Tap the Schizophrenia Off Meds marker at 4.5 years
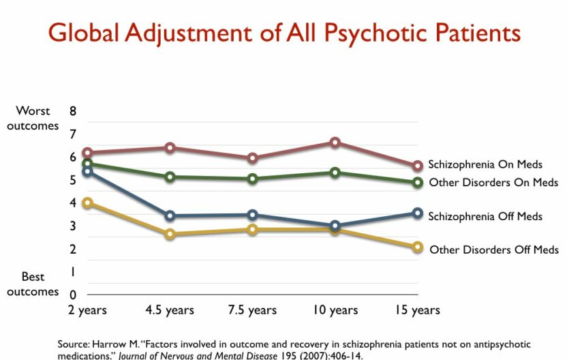pyautogui.click(x=170, y=216)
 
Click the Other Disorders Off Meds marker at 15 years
pyautogui.click(x=417, y=247)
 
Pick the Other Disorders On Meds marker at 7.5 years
pyautogui.click(x=253, y=179)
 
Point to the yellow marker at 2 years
pyautogui.click(x=87, y=203)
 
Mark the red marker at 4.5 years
pyautogui.click(x=170, y=148)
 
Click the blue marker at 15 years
pyautogui.click(x=417, y=213)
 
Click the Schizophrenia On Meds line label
pyautogui.click(x=485, y=164)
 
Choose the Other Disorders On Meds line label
pyautogui.click(x=493, y=183)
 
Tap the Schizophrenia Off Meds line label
pyautogui.click(x=485, y=216)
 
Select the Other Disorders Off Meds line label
pyautogui.click(x=493, y=250)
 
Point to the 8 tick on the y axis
pyautogui.click(x=73, y=111)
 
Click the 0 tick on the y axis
pyautogui.click(x=73, y=295)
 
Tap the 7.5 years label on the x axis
pyautogui.click(x=252, y=310)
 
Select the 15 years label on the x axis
pyautogui.click(x=417, y=310)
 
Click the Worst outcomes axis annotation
pyautogui.click(x=33, y=118)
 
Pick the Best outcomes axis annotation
pyautogui.click(x=33, y=284)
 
